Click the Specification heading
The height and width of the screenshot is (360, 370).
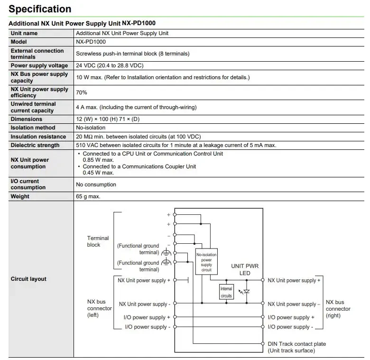(x=40, y=9)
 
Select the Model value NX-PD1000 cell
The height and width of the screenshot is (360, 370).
(x=91, y=42)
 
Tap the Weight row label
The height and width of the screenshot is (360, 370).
(x=20, y=196)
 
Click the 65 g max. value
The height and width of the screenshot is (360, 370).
(x=88, y=196)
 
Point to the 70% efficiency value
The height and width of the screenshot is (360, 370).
(x=82, y=92)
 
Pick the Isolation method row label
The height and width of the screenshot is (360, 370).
(x=33, y=128)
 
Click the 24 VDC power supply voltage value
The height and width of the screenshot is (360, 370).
(x=110, y=65)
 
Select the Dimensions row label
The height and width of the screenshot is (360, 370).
(x=27, y=119)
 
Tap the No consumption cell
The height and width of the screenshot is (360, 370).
(x=96, y=185)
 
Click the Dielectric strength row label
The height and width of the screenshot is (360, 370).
(x=35, y=145)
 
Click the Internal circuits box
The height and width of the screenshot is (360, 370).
(x=226, y=292)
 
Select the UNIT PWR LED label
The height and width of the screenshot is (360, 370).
(x=245, y=269)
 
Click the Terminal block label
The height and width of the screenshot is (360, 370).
(x=98, y=241)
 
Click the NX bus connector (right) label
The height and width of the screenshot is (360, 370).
(x=338, y=309)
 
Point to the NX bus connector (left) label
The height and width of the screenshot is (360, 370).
(x=99, y=308)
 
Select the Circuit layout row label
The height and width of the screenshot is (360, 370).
(x=28, y=279)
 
